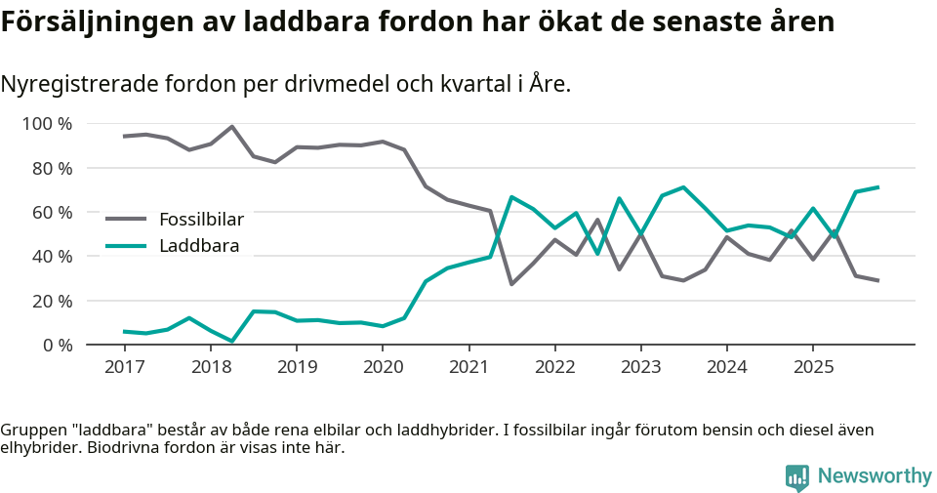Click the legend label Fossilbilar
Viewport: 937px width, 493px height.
click(201, 219)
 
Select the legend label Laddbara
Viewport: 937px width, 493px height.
click(199, 246)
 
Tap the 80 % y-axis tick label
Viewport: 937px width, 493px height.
click(52, 168)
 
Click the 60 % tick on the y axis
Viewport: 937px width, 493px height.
click(52, 212)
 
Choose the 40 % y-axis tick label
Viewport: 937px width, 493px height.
click(52, 256)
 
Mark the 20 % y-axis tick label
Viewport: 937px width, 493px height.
click(52, 301)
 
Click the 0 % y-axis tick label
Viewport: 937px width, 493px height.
click(57, 345)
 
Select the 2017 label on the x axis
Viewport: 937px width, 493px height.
click(124, 367)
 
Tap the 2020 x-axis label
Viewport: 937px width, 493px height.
click(383, 367)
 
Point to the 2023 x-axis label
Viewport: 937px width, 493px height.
click(641, 367)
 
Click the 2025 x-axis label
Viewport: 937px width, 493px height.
click(813, 367)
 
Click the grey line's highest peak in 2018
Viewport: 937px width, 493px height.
click(232, 126)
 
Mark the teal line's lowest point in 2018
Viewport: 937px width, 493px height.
click(232, 341)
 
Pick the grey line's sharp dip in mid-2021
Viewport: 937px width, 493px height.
click(511, 284)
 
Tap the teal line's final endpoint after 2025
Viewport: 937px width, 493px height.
click(877, 187)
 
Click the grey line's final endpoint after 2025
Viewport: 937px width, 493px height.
click(877, 281)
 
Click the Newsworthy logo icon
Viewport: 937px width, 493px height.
click(797, 477)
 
